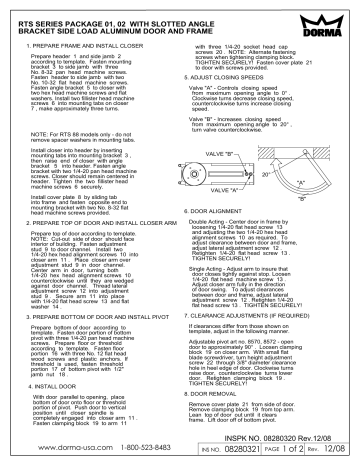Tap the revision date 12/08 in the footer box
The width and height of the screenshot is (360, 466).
(x=339, y=451)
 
